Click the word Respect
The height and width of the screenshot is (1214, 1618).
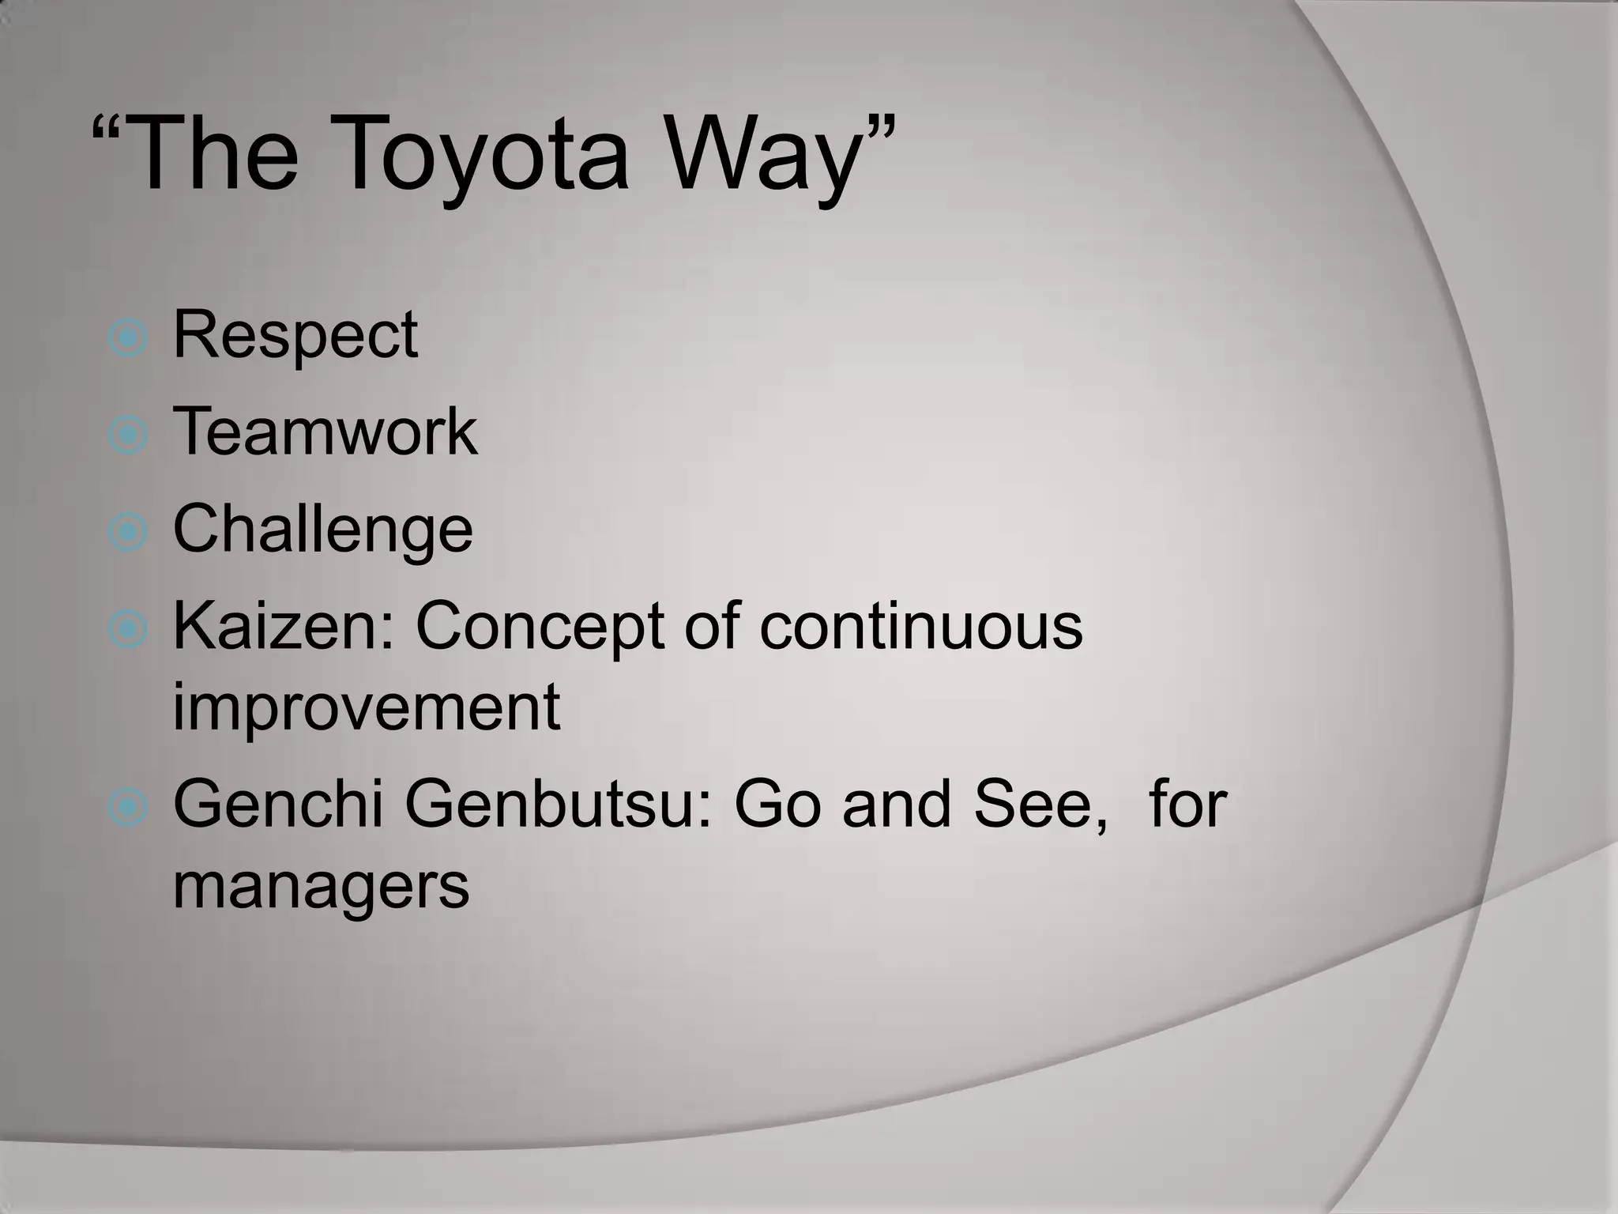[295, 336]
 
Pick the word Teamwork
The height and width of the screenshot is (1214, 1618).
[325, 432]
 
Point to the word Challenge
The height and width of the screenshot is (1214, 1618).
[322, 530]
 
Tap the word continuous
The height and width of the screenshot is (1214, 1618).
[920, 627]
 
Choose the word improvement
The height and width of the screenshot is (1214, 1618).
[367, 707]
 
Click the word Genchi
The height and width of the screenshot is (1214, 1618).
[278, 805]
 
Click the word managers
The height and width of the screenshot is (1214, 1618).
[321, 887]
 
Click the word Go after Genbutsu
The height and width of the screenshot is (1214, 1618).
[780, 805]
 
